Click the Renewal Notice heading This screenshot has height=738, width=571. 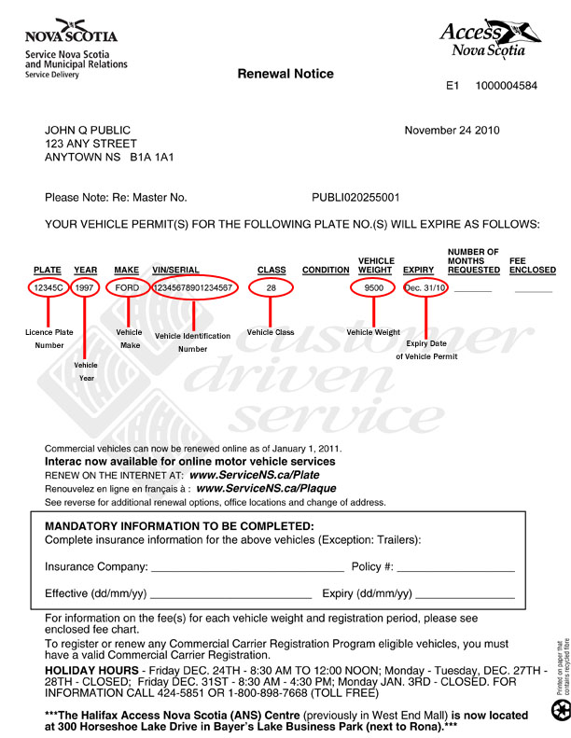(x=285, y=74)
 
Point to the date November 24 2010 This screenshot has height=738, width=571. (x=458, y=131)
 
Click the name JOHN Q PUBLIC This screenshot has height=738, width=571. (x=89, y=131)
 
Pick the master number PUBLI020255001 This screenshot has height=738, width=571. (x=355, y=198)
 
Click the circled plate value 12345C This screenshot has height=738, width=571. (x=48, y=287)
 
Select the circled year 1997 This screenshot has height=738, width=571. (x=86, y=287)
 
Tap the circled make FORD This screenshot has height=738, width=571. (x=127, y=287)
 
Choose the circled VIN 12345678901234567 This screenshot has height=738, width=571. (x=193, y=287)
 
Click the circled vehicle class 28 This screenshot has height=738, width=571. (x=272, y=287)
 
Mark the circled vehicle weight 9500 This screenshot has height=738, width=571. (x=374, y=287)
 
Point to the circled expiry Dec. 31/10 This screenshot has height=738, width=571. (x=425, y=287)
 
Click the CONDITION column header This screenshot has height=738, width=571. (x=326, y=271)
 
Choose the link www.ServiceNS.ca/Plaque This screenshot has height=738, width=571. (x=266, y=488)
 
